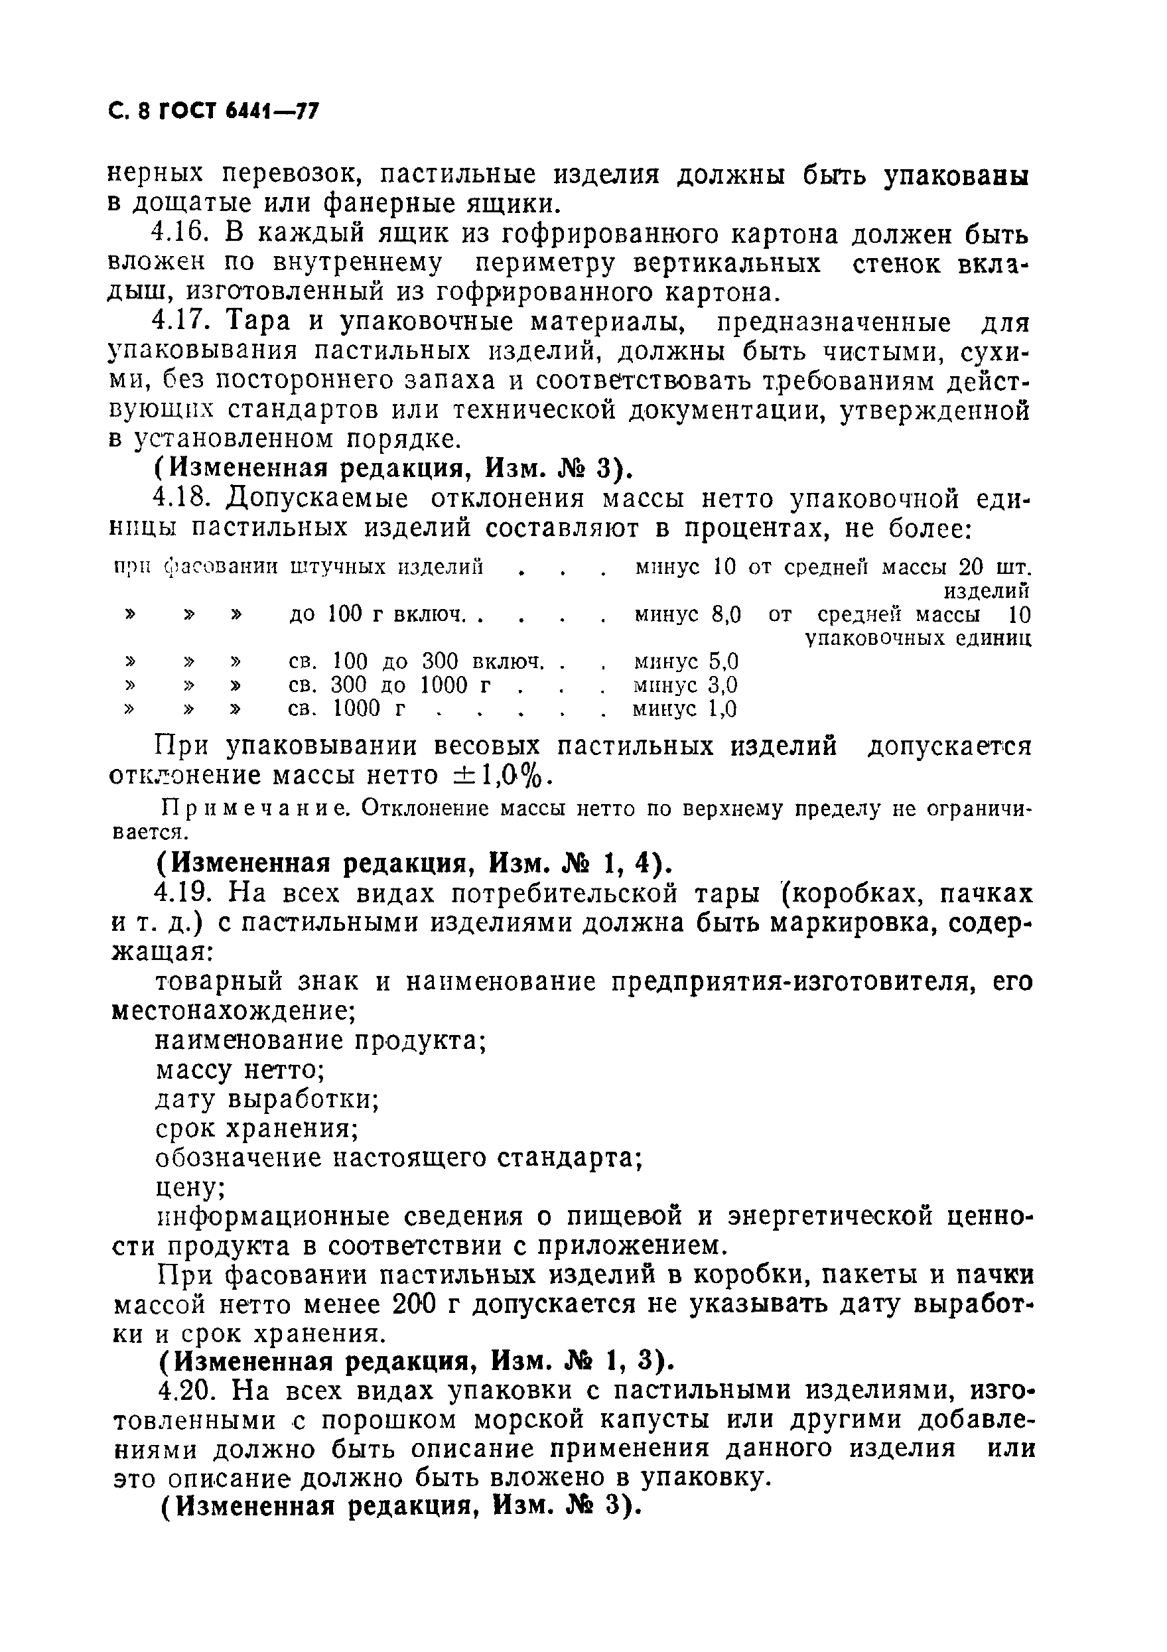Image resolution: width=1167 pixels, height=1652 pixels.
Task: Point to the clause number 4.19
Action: point(182,894)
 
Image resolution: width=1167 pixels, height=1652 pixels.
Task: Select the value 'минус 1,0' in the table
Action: point(684,709)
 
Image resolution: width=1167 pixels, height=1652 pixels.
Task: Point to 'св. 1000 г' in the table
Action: point(346,709)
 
